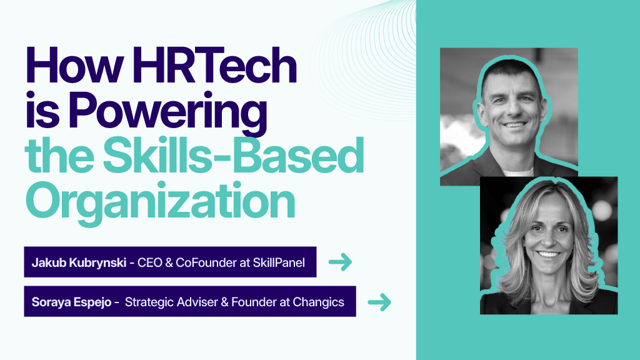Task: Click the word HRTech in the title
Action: [x=215, y=65]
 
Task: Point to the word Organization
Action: [x=160, y=203]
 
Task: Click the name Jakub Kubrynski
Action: [x=79, y=262]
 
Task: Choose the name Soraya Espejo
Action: [x=71, y=302]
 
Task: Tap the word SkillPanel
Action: [x=279, y=262]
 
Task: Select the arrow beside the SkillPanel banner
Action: [x=340, y=262]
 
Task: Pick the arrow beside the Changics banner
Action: [x=379, y=302]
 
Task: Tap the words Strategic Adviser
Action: [x=171, y=302]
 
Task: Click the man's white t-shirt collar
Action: [x=518, y=172]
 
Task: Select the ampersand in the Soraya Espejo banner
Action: [x=224, y=302]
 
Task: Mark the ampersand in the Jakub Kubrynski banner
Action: [x=169, y=262]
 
